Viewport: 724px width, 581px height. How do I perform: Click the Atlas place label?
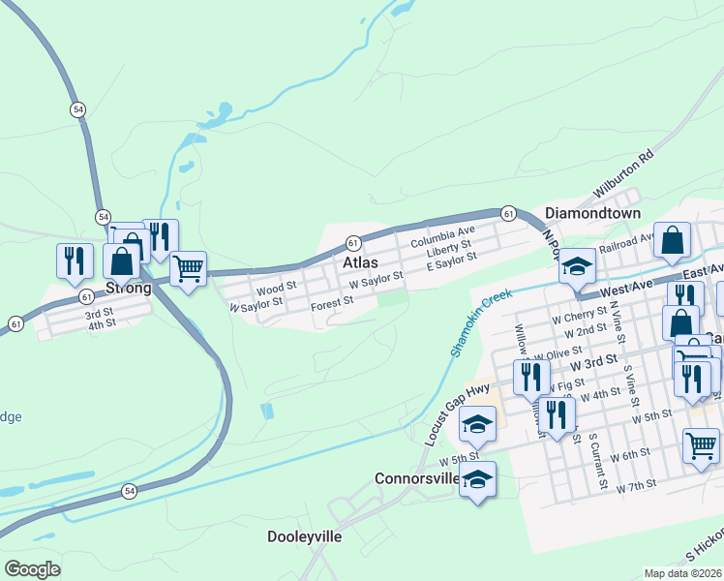pos(358,262)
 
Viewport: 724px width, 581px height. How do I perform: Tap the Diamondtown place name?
pos(592,213)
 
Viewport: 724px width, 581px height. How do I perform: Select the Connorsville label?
pos(417,479)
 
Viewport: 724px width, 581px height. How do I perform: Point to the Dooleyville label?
pos(305,536)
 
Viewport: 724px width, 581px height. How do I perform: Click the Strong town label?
pos(128,289)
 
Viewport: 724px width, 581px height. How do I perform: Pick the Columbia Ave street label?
pos(442,235)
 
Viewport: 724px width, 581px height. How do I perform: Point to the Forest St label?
pos(332,304)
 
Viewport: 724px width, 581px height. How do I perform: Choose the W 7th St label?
pos(638,483)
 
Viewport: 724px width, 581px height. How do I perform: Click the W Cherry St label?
pos(577,317)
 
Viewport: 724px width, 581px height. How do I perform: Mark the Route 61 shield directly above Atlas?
pos(353,242)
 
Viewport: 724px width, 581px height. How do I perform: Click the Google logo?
pos(32,568)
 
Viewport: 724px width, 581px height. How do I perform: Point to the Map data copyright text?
pos(682,573)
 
